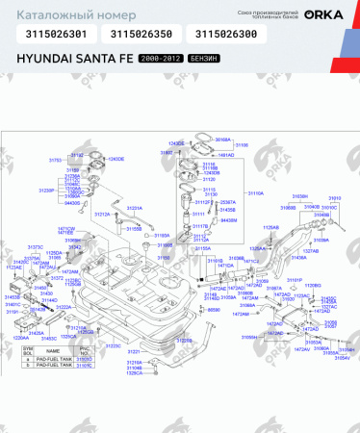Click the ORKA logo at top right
point(324,13)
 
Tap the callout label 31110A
point(255,193)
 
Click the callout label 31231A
point(135,208)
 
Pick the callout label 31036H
point(298,195)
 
